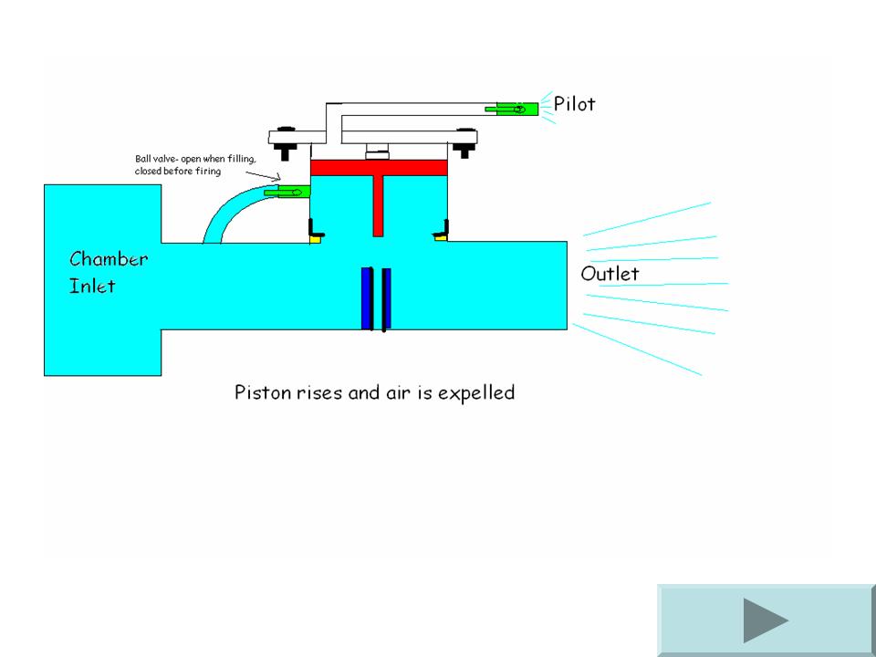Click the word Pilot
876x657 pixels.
(x=574, y=104)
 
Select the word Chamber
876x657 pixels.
(x=109, y=259)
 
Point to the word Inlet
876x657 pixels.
(x=92, y=286)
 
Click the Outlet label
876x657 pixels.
(x=610, y=274)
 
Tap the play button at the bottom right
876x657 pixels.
(x=765, y=620)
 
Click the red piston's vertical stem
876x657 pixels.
(x=380, y=205)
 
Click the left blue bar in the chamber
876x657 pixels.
(x=368, y=297)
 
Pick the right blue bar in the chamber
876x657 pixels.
(x=387, y=297)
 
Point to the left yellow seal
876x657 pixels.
(x=316, y=239)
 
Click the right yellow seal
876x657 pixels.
(x=441, y=238)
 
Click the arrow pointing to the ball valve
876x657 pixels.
(x=266, y=177)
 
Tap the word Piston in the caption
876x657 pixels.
(x=260, y=393)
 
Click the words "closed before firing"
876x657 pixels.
(x=178, y=171)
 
